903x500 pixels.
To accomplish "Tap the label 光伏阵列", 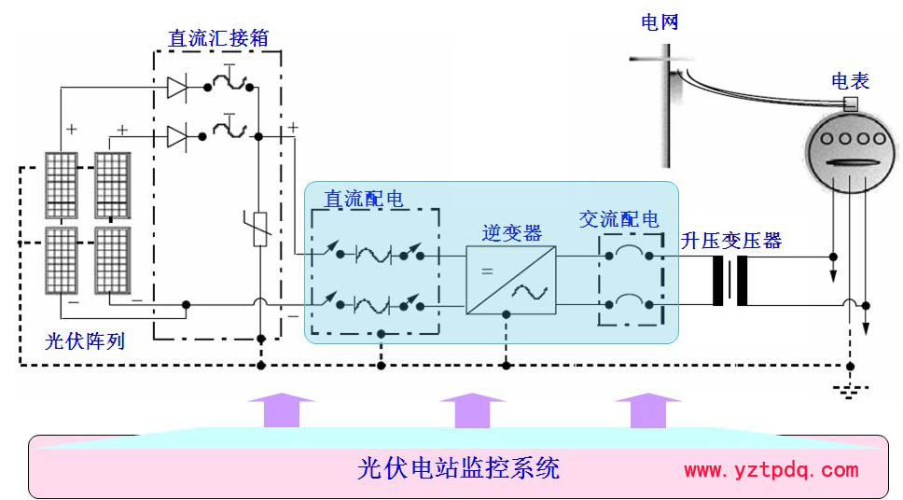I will coord(85,341).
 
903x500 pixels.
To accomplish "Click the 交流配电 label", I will coord(618,219).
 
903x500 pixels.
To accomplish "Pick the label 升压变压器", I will coord(731,241).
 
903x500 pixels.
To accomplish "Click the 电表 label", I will coord(850,81).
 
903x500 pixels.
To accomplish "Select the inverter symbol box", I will coord(510,279).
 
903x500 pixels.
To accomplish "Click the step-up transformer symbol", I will coord(730,280).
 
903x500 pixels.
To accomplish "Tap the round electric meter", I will coord(844,149).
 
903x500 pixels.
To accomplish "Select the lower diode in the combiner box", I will coord(177,137).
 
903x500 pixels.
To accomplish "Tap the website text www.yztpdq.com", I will coord(771,470).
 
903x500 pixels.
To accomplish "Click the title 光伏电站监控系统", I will coord(458,467).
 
